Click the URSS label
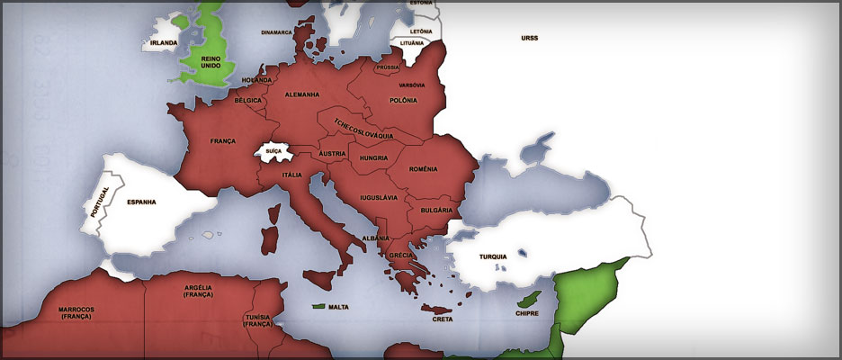pyautogui.click(x=529, y=38)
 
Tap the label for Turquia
pyautogui.click(x=493, y=256)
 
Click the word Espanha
pyautogui.click(x=141, y=202)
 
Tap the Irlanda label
pyautogui.click(x=163, y=42)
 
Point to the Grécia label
pyautogui.click(x=400, y=256)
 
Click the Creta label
pyautogui.click(x=443, y=319)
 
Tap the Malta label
pyautogui.click(x=338, y=307)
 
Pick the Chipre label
pyautogui.click(x=526, y=314)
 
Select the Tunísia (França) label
pyautogui.click(x=258, y=320)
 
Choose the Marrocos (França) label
pyautogui.click(x=76, y=313)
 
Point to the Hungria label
pyautogui.click(x=372, y=157)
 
